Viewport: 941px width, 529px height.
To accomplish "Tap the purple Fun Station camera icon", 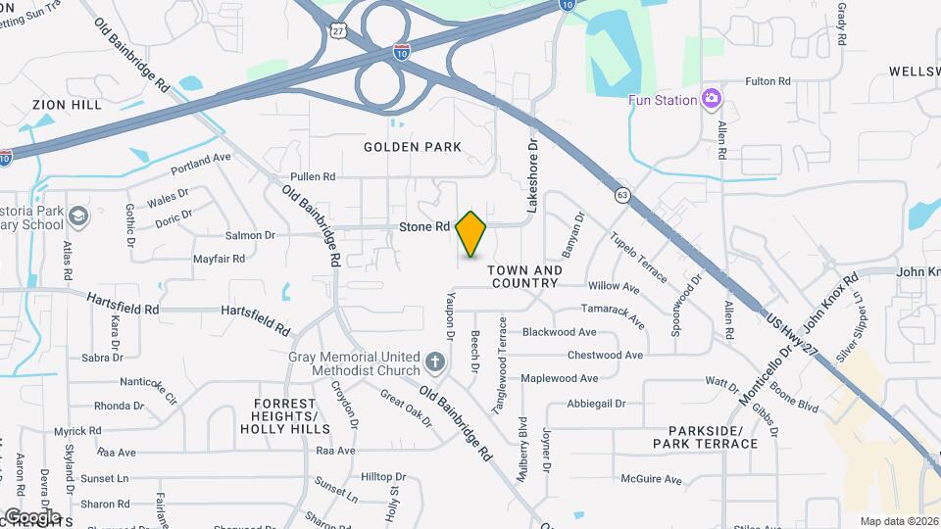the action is (x=712, y=99).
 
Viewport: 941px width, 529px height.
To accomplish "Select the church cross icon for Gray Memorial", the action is (x=435, y=364).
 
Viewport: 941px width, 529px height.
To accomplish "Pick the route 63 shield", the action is (x=622, y=195).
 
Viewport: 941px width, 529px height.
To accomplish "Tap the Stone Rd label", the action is (x=424, y=227).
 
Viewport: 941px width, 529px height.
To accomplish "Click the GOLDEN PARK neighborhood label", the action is (x=412, y=147).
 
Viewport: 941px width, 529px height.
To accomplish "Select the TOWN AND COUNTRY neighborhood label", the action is (x=524, y=276).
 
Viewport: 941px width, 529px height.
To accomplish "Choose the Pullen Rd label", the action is (x=313, y=177).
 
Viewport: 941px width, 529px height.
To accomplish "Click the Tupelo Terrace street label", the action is (x=638, y=257).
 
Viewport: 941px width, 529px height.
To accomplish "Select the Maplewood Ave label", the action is (x=586, y=378).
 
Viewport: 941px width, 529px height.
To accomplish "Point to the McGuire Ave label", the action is (x=651, y=480).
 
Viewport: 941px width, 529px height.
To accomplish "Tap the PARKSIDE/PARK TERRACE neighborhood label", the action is (x=713, y=437).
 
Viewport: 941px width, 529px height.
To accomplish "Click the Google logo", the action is (x=31, y=516).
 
